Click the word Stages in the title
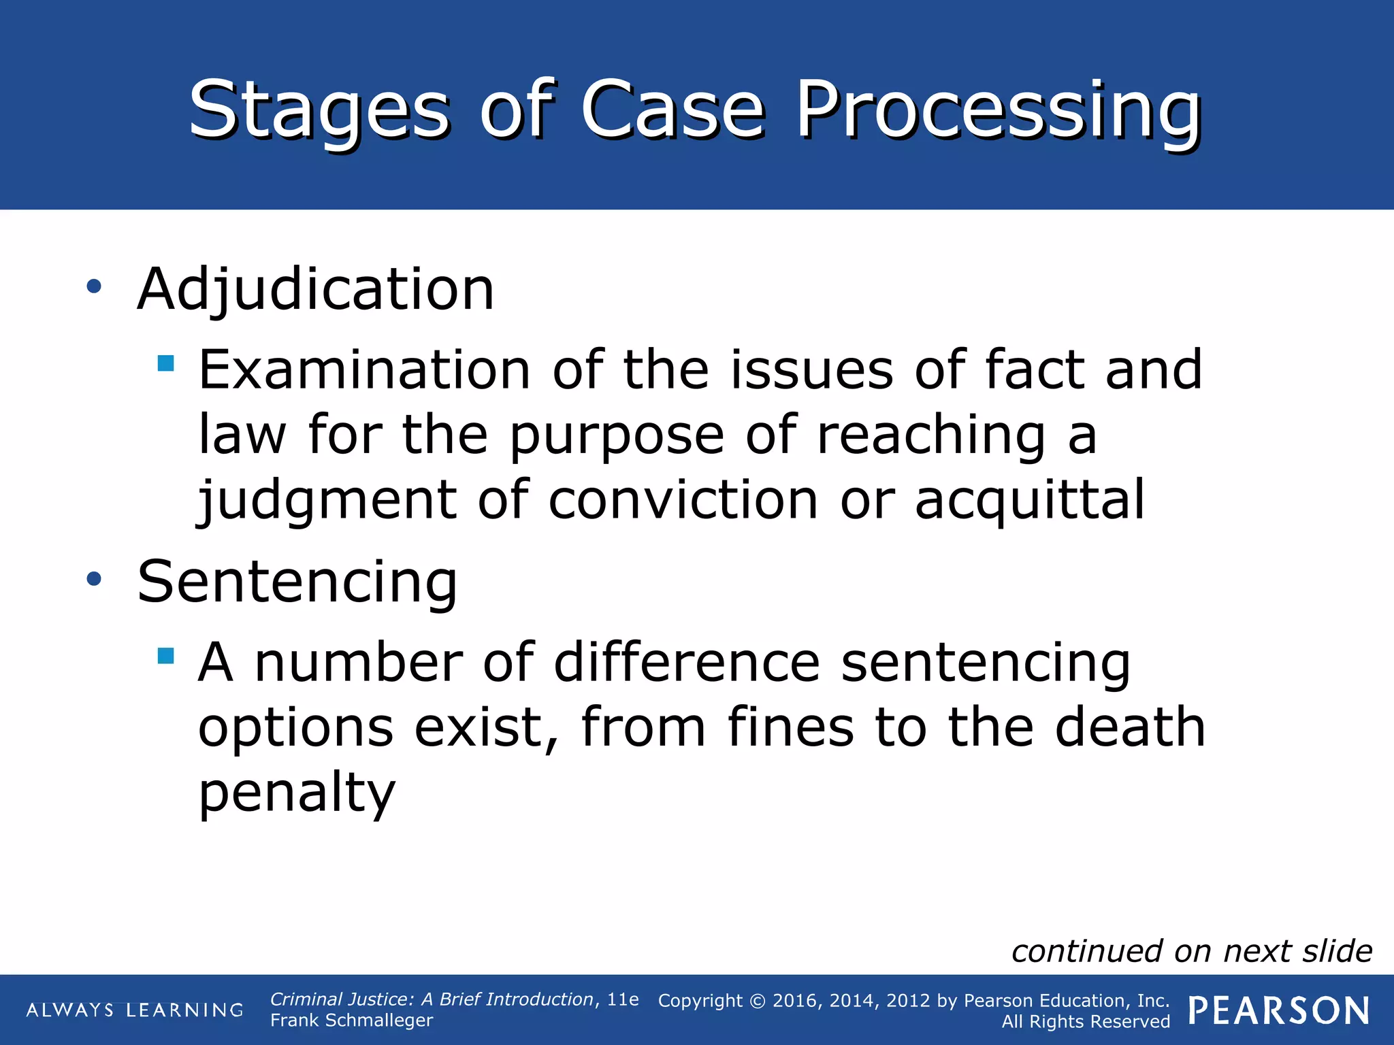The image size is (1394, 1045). click(x=319, y=110)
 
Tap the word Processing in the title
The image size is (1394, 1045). click(x=999, y=110)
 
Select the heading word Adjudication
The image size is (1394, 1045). click(x=316, y=290)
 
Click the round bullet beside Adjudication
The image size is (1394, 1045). click(x=94, y=286)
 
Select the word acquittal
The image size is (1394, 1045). click(x=1029, y=500)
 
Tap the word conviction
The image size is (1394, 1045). click(x=683, y=500)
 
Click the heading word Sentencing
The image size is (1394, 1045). click(x=297, y=582)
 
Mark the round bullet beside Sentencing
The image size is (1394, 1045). click(x=94, y=579)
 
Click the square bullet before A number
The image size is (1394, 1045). click(x=165, y=655)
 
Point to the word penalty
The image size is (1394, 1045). click(x=297, y=793)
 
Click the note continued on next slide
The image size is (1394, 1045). click(x=1191, y=951)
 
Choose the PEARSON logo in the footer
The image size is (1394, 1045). click(x=1279, y=1011)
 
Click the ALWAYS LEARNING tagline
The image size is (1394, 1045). click(x=135, y=1010)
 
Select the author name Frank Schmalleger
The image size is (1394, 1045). click(x=351, y=1021)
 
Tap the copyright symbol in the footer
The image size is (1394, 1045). click(x=758, y=1001)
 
